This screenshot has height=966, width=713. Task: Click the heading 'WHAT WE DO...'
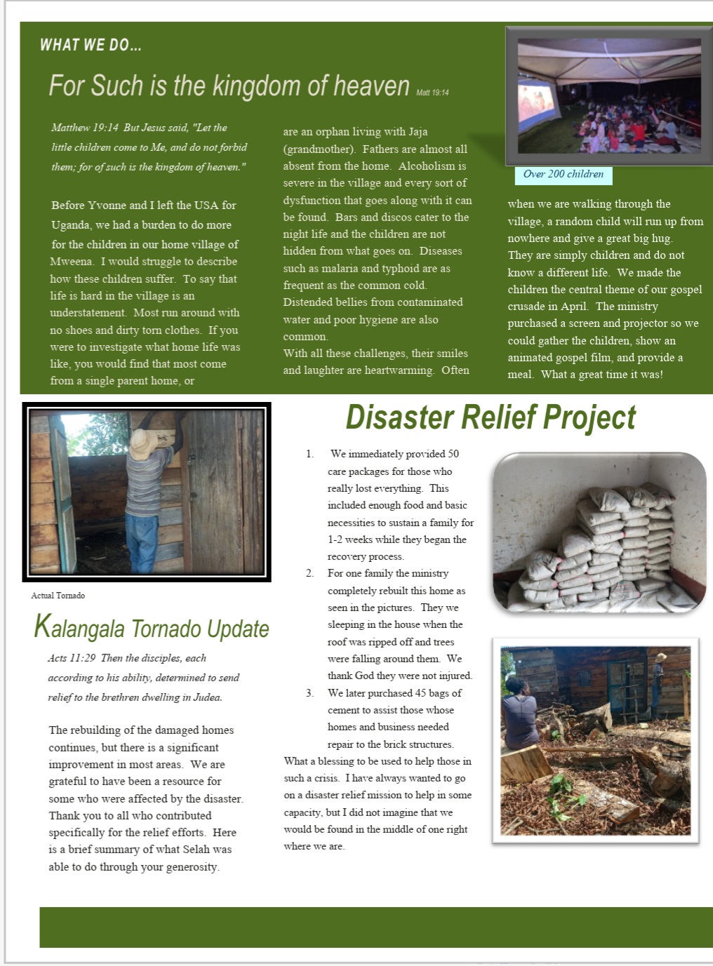[x=91, y=46]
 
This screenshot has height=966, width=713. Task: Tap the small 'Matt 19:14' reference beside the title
[x=432, y=93]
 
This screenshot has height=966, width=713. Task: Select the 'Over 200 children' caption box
[x=563, y=175]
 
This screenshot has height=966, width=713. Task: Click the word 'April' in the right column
[x=574, y=307]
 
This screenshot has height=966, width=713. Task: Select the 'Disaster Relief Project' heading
[x=491, y=418]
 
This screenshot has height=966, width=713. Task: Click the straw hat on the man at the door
[x=143, y=443]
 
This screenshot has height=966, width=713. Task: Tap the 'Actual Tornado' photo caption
[x=58, y=596]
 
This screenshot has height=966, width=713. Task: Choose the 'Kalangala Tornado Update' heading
[x=152, y=628]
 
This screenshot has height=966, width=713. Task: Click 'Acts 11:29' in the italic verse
[x=72, y=658]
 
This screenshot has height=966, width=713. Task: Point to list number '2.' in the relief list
[x=309, y=573]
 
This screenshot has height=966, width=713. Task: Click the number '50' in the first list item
[x=453, y=454]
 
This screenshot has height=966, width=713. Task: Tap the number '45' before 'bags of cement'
[x=420, y=693]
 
